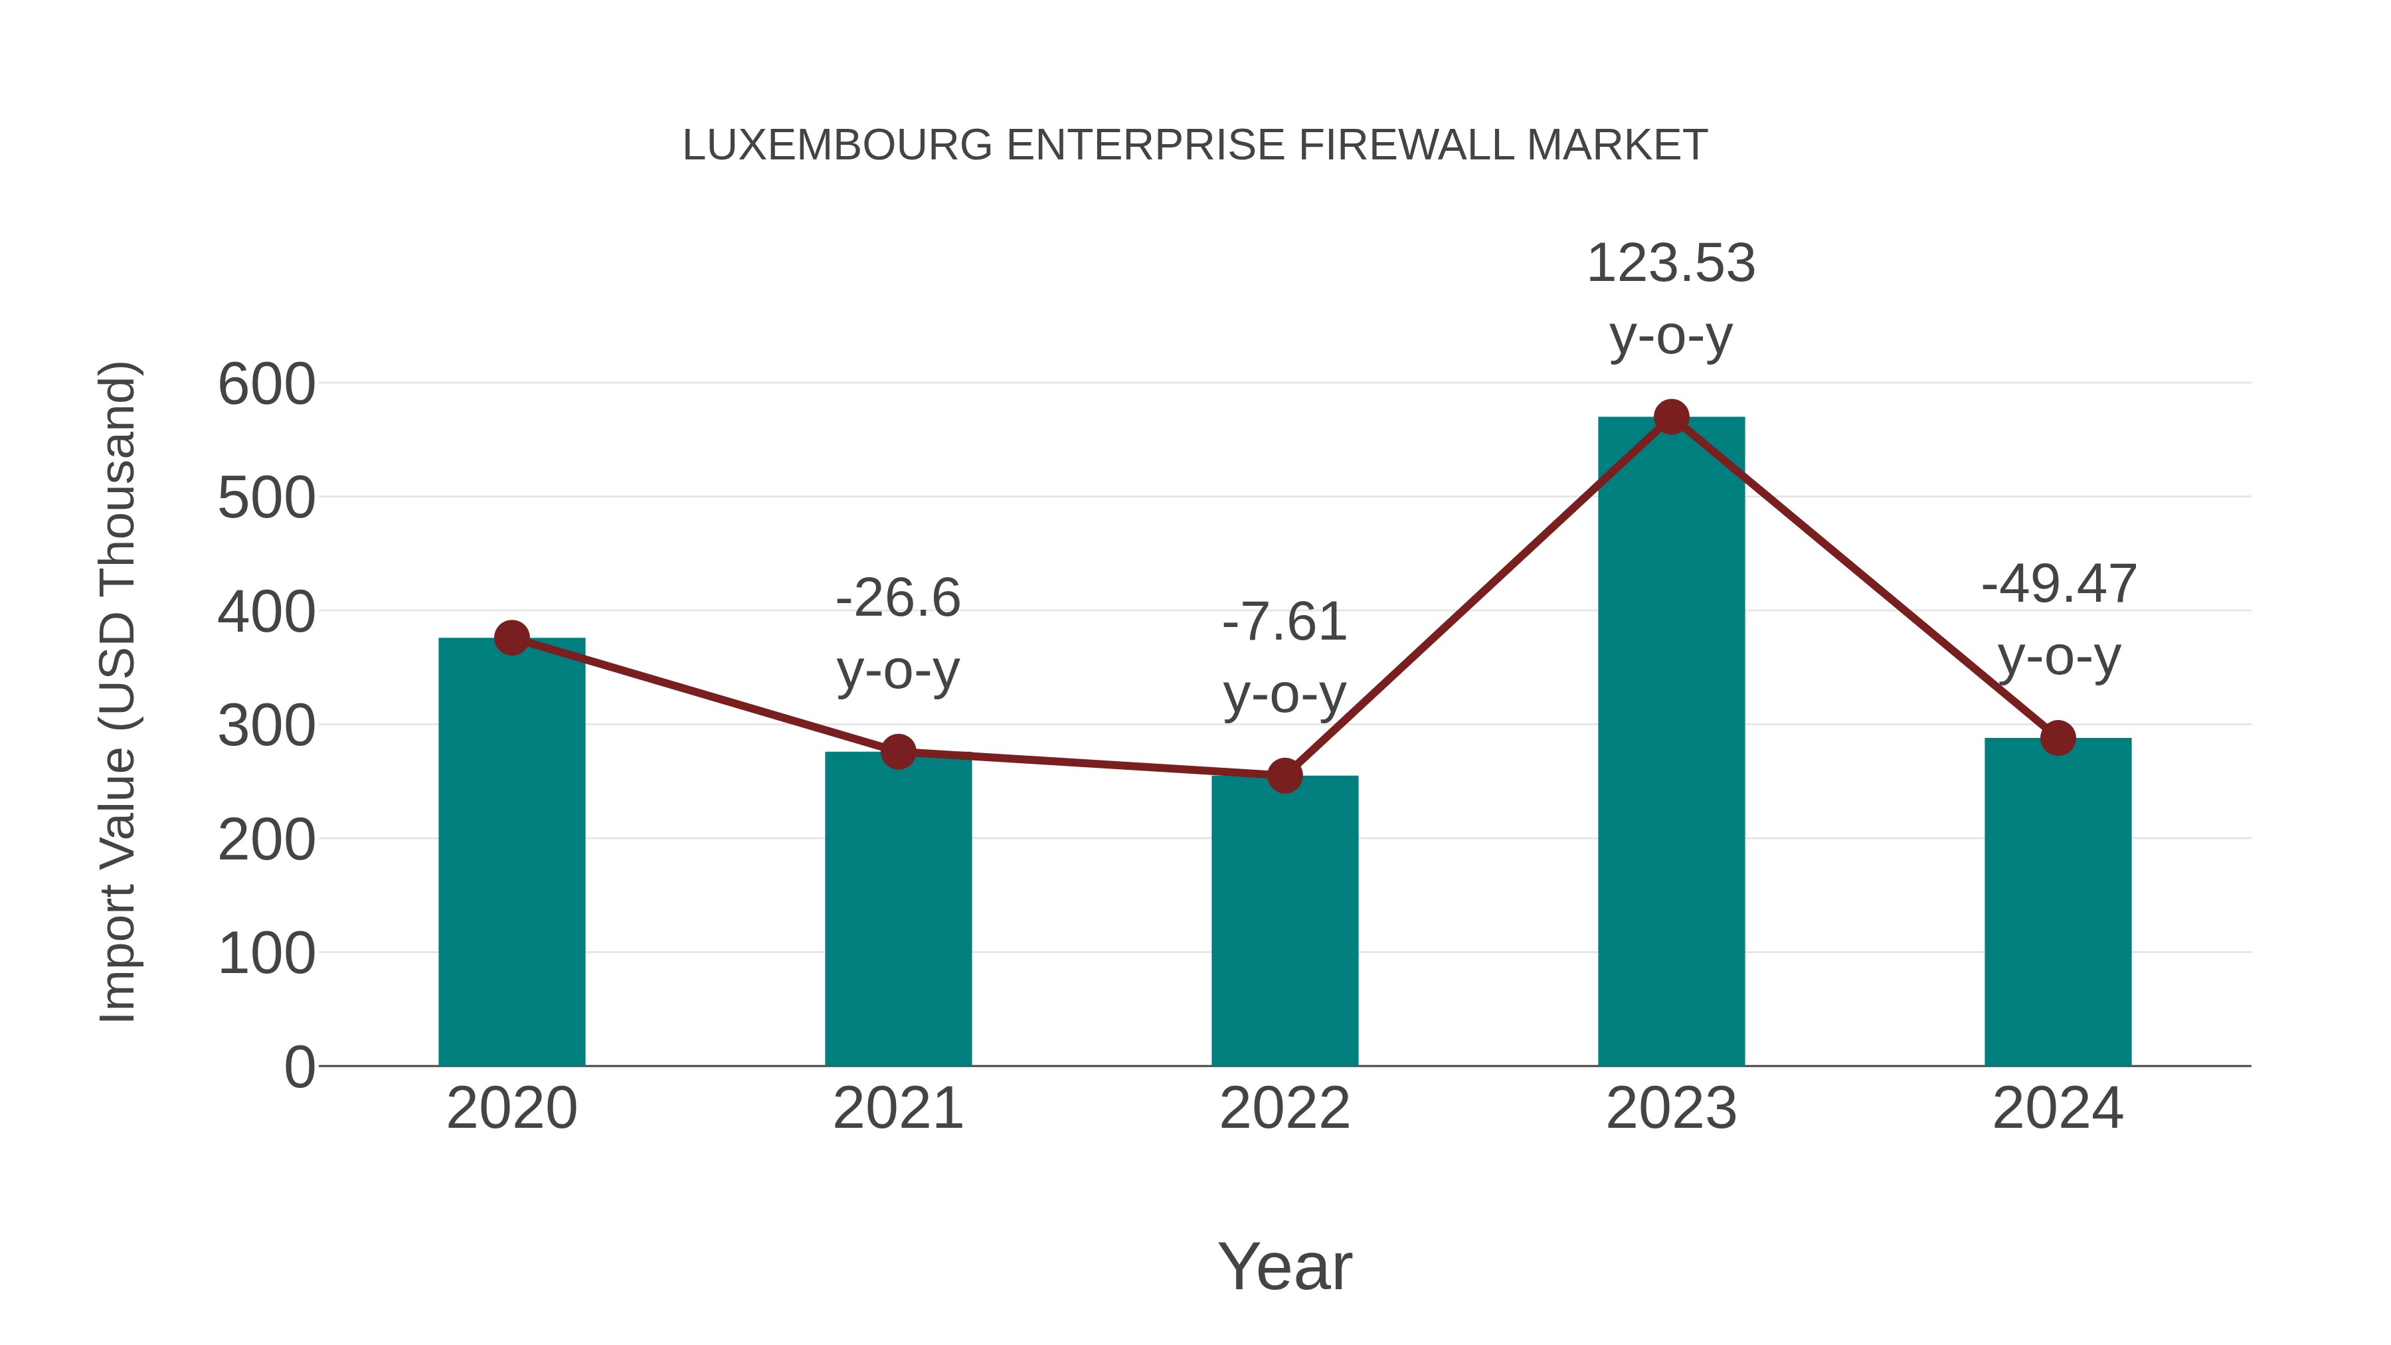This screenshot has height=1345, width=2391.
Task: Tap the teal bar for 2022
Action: pyautogui.click(x=1284, y=920)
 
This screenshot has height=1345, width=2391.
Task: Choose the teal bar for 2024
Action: pyautogui.click(x=2057, y=901)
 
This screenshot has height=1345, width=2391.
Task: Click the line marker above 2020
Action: pyautogui.click(x=511, y=638)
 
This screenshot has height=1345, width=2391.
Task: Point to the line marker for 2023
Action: pyautogui.click(x=1671, y=418)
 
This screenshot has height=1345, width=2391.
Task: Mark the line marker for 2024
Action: pyautogui.click(x=2057, y=738)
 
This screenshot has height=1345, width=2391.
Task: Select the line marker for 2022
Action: pyautogui.click(x=1284, y=775)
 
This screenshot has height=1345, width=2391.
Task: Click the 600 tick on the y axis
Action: pyautogui.click(x=266, y=385)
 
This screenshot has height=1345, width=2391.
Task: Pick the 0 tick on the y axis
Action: pyautogui.click(x=299, y=1067)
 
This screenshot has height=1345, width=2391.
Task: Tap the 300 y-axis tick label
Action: pyautogui.click(x=266, y=726)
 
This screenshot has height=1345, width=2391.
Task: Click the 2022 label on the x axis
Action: pyautogui.click(x=1284, y=1109)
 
